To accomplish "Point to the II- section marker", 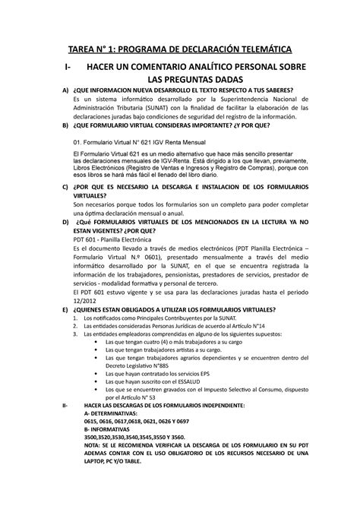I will [x=63, y=407].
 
